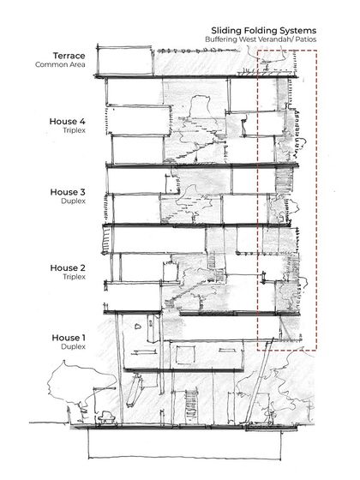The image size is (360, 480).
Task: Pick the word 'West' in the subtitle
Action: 255,40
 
